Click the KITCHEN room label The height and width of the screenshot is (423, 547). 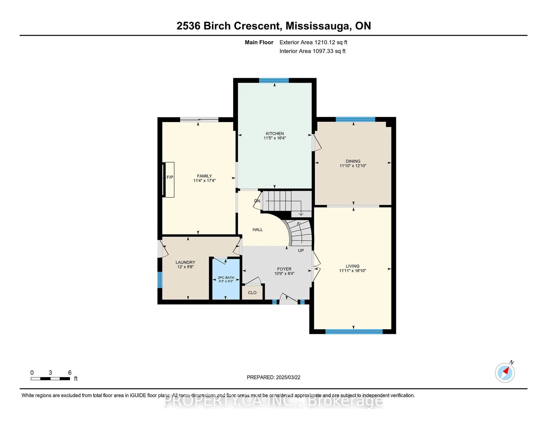tap(275, 134)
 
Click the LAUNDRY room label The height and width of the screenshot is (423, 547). tap(185, 262)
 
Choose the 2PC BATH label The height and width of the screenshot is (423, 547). tap(226, 278)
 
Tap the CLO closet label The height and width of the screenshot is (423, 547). tap(252, 293)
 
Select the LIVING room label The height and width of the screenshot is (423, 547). tap(353, 266)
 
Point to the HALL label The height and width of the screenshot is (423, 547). tap(258, 230)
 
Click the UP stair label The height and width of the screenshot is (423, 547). tap(301, 251)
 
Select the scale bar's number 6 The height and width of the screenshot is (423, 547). tap(70, 373)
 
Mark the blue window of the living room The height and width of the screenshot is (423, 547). tap(354, 332)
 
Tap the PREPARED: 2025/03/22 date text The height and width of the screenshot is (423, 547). tap(273, 377)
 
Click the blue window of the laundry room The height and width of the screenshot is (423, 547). tap(160, 280)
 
